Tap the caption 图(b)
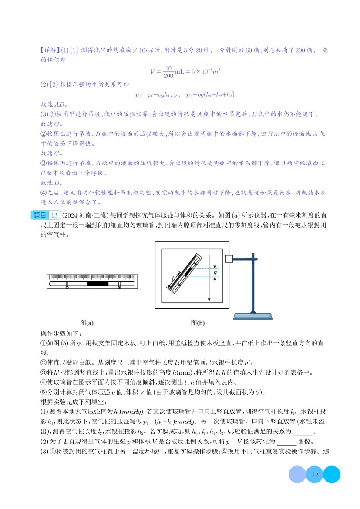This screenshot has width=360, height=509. click(x=197, y=323)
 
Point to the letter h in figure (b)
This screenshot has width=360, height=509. click(x=215, y=271)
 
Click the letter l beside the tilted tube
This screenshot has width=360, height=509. click(x=173, y=276)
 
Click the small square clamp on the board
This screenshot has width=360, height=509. click(x=229, y=259)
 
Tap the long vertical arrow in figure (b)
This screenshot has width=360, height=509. click(x=209, y=278)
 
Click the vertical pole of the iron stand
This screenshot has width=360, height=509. click(x=252, y=283)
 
